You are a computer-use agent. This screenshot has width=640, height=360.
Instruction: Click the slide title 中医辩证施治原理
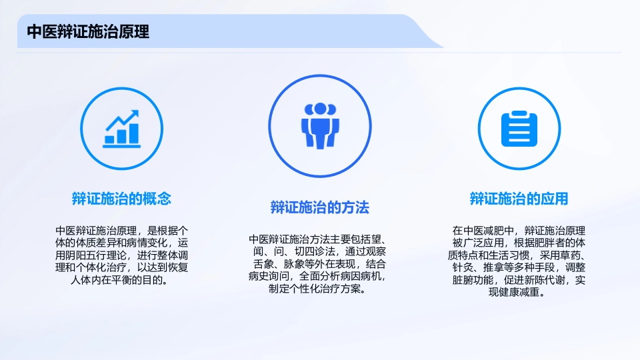(87, 31)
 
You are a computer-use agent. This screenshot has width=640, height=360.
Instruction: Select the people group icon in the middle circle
(320, 125)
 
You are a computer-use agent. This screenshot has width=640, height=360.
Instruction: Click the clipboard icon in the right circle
(518, 129)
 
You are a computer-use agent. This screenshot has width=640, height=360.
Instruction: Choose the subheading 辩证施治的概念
(121, 198)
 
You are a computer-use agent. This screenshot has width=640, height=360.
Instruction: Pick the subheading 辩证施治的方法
(320, 207)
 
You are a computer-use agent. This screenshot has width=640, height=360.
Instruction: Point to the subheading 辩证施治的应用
(519, 198)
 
